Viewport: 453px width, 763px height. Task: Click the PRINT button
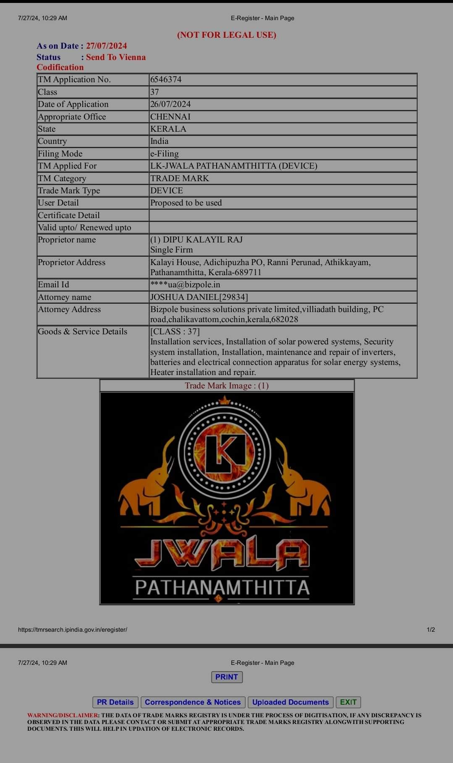(227, 677)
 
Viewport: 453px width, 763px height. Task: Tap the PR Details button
(115, 702)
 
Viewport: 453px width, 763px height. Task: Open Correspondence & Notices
(193, 702)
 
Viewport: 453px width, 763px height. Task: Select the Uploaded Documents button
(291, 702)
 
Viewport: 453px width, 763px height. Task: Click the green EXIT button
(348, 702)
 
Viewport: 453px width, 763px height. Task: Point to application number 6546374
(166, 80)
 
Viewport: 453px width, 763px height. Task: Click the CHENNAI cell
(170, 117)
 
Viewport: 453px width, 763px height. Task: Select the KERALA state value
(168, 129)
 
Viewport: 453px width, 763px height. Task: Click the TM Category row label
(62, 178)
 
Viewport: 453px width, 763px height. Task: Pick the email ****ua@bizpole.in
(185, 285)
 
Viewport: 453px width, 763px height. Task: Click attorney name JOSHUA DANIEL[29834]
(199, 297)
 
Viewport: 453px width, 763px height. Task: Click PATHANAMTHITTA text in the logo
(223, 587)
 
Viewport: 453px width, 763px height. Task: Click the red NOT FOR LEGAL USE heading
(227, 35)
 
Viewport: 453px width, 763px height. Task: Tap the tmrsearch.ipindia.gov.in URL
(73, 630)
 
